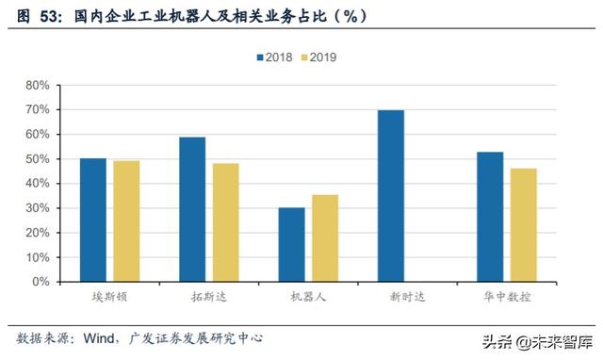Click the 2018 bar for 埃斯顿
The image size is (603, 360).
pyautogui.click(x=93, y=220)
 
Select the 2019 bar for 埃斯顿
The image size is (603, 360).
pyautogui.click(x=126, y=221)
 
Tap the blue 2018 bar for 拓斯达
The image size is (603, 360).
pyautogui.click(x=192, y=209)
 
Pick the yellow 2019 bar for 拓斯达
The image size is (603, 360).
pyautogui.click(x=225, y=222)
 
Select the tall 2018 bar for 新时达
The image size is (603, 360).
pyautogui.click(x=390, y=195)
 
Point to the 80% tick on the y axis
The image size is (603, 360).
pyautogui.click(x=38, y=85)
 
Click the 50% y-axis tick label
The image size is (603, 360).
pyautogui.click(x=38, y=158)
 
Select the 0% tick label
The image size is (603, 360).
pyautogui.click(x=41, y=281)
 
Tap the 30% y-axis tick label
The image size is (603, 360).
pyautogui.click(x=38, y=207)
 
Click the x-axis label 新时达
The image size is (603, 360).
pyautogui.click(x=407, y=297)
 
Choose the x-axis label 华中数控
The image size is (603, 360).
pyautogui.click(x=506, y=297)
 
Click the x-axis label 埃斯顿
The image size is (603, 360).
pyautogui.click(x=110, y=297)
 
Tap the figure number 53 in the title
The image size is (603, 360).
pyautogui.click(x=44, y=16)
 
